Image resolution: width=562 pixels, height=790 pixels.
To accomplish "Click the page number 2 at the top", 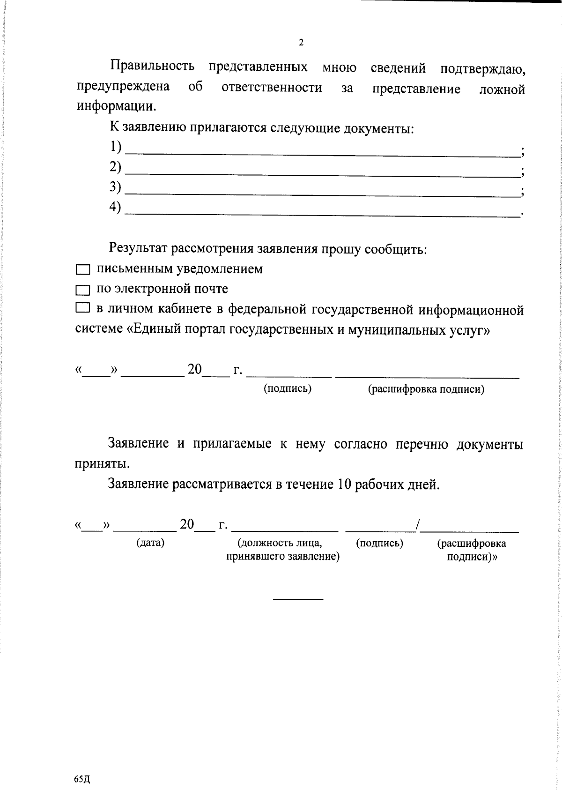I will (301, 43).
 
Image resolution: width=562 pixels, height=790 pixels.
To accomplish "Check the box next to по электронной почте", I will (82, 291).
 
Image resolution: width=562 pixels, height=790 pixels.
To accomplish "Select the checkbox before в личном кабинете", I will (82, 308).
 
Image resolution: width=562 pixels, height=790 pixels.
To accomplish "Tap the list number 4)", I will (115, 207).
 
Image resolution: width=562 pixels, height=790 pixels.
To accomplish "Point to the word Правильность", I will (152, 67).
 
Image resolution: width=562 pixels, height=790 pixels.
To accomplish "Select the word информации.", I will (116, 106).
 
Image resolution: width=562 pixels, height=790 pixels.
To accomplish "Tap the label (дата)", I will (150, 543).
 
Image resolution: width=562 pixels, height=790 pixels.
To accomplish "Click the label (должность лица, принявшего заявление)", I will (282, 550).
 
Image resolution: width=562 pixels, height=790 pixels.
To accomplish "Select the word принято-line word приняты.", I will (102, 464).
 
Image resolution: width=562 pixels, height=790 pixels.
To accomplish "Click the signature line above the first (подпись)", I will (289, 376).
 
